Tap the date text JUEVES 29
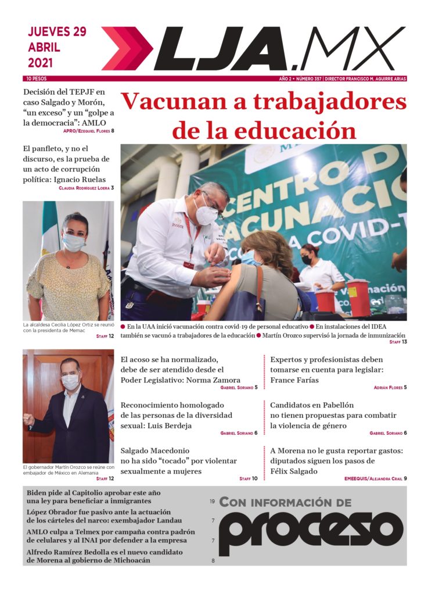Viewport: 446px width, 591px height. [x=57, y=32]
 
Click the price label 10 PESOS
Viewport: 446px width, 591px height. [x=36, y=78]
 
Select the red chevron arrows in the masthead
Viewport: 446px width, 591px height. [x=126, y=49]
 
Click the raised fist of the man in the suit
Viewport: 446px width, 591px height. [x=28, y=420]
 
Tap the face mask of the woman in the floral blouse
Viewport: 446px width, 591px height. [x=73, y=242]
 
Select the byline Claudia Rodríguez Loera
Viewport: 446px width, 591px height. [x=86, y=188]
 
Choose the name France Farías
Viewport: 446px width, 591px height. [x=294, y=380]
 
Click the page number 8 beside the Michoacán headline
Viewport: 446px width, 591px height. [x=213, y=561]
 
